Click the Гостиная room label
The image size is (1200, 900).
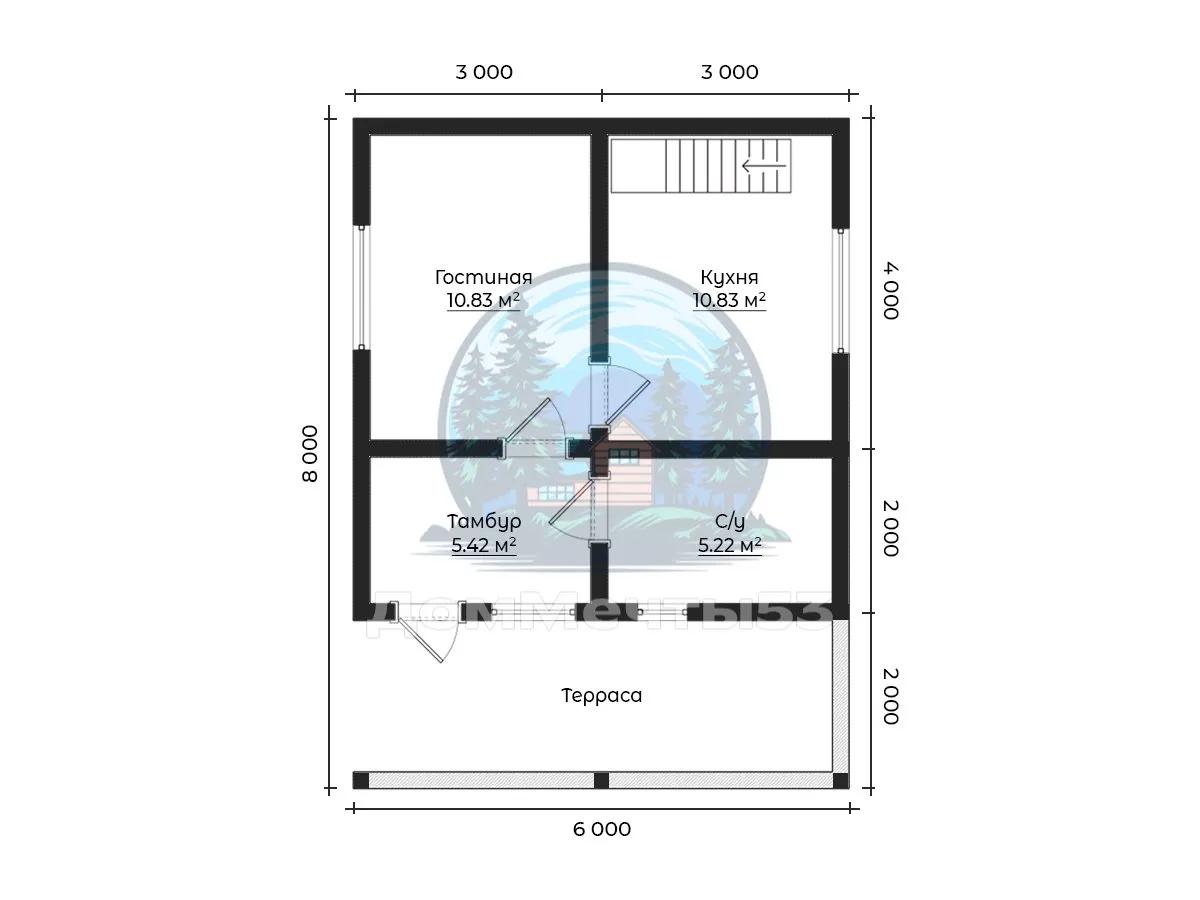[483, 277]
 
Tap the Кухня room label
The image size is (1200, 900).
[729, 277]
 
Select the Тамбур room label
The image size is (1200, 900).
[483, 521]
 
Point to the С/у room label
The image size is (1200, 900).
[729, 521]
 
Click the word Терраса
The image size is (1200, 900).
[601, 695]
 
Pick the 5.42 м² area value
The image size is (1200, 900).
[483, 545]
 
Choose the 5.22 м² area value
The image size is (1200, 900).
[729, 545]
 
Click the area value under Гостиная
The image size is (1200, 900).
[483, 300]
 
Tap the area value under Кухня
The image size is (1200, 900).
[729, 300]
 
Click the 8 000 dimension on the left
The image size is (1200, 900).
[310, 453]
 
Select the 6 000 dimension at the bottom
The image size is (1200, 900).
[601, 829]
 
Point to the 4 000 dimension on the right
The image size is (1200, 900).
[890, 290]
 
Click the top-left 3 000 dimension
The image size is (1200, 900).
[483, 72]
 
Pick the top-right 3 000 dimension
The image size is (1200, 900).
[729, 72]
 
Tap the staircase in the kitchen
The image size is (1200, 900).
[701, 167]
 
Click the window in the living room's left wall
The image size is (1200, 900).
[362, 287]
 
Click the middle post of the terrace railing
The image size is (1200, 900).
[601, 780]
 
